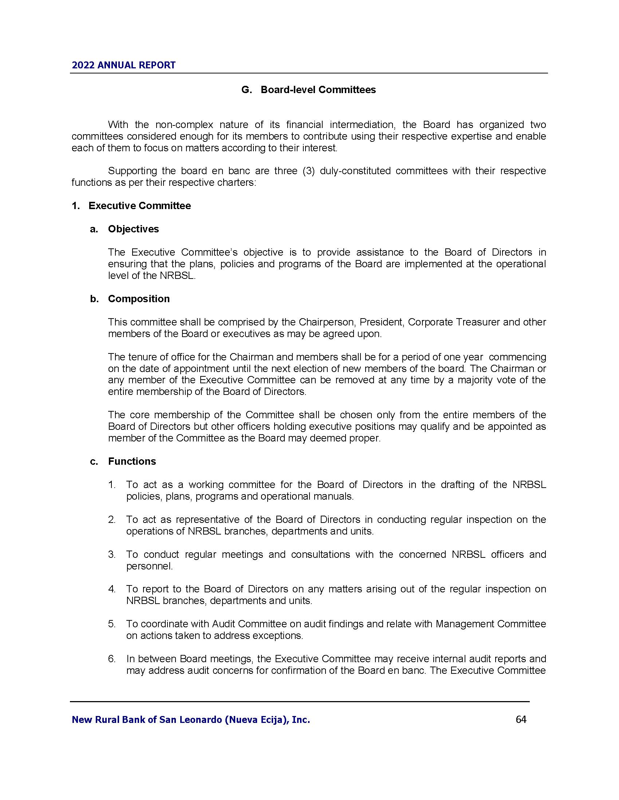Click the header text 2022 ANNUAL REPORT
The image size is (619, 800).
click(x=123, y=65)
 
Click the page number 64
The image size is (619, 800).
click(x=521, y=719)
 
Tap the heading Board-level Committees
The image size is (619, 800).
click(x=318, y=90)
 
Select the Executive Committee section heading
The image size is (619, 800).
click(x=139, y=206)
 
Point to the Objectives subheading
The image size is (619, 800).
click(x=133, y=229)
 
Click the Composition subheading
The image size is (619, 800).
click(x=139, y=299)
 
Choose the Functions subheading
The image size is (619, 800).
click(x=132, y=461)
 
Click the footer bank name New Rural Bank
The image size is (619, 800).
click(x=190, y=720)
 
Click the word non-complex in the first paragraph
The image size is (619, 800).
click(x=184, y=125)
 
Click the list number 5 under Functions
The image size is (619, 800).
click(x=112, y=624)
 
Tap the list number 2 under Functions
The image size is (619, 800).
click(x=112, y=519)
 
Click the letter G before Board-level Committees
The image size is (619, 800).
click(x=246, y=90)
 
